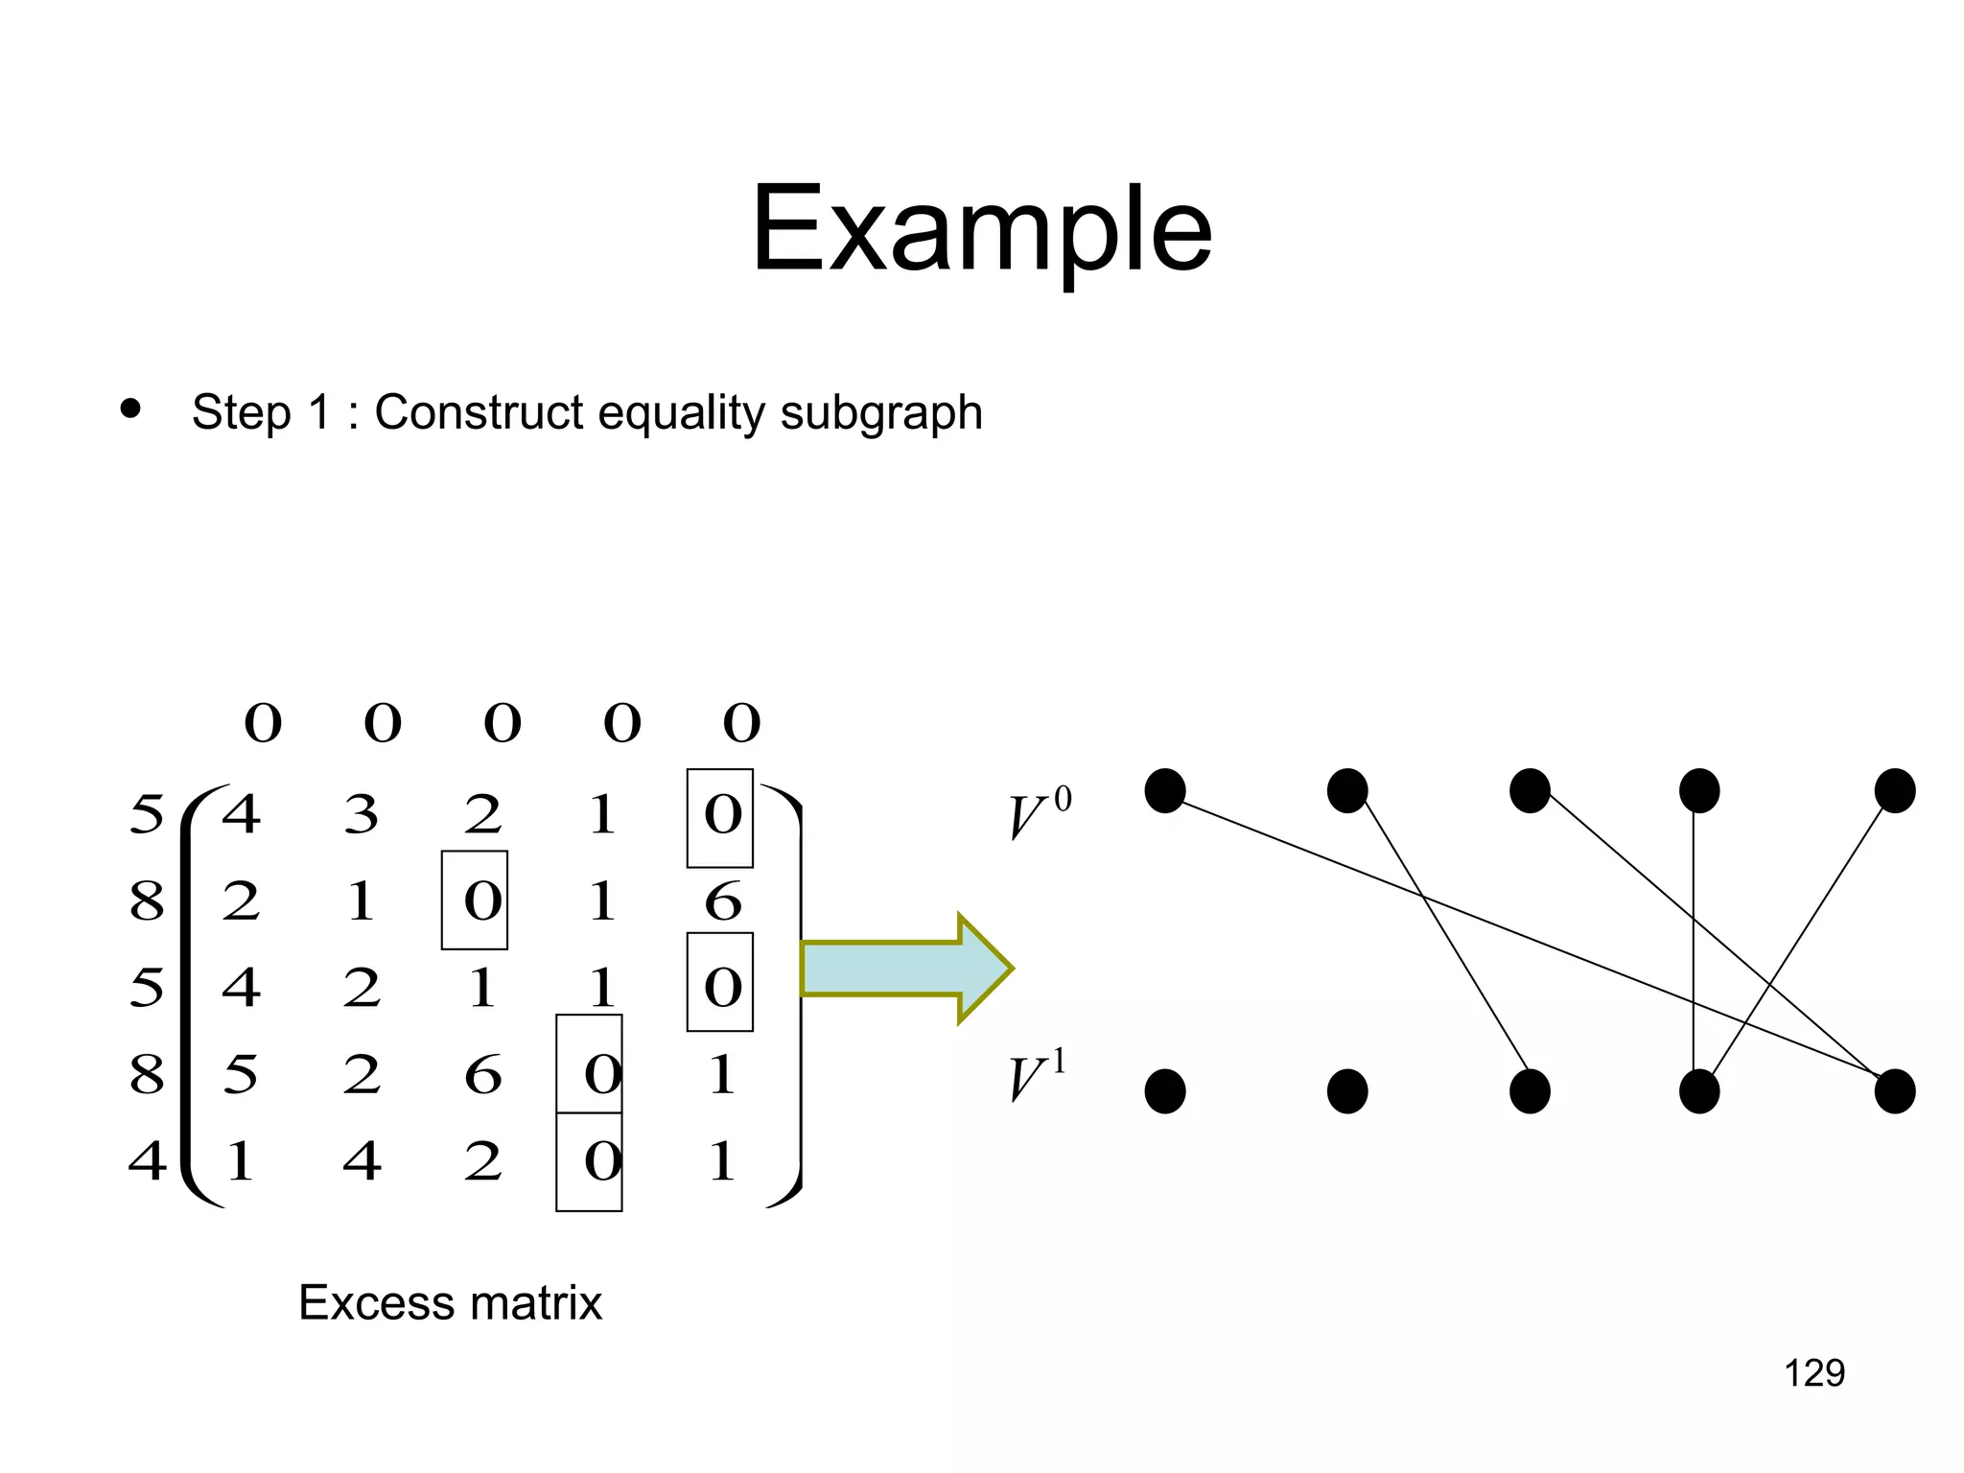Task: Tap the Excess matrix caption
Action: pos(450,1303)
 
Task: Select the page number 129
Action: pos(1813,1373)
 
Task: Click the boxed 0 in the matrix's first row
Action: pos(721,817)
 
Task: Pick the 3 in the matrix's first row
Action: pos(362,816)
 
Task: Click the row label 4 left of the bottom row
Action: pos(147,1160)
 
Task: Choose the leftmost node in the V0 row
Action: pos(1165,791)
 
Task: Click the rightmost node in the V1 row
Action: pos(1894,1091)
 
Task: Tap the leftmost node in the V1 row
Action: pos(1165,1091)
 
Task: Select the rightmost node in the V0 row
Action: pos(1894,791)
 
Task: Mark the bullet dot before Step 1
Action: pos(130,410)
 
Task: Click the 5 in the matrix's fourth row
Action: pos(240,1075)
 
